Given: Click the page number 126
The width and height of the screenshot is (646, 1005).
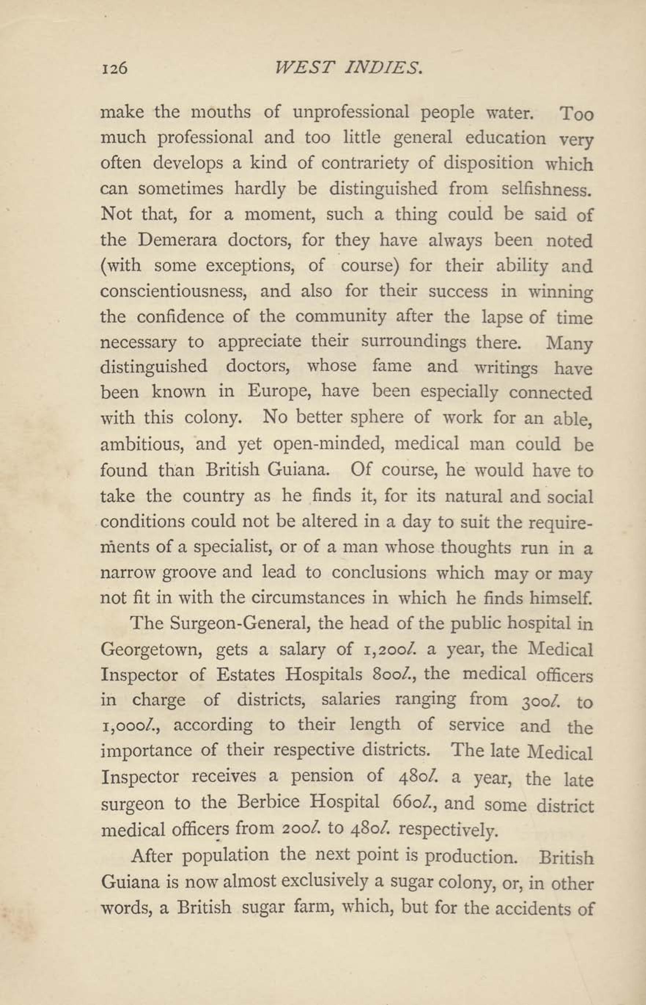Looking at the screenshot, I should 114,68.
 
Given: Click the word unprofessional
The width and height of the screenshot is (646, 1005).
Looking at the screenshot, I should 351,113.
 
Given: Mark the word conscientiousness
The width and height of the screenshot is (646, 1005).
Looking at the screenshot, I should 172,291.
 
